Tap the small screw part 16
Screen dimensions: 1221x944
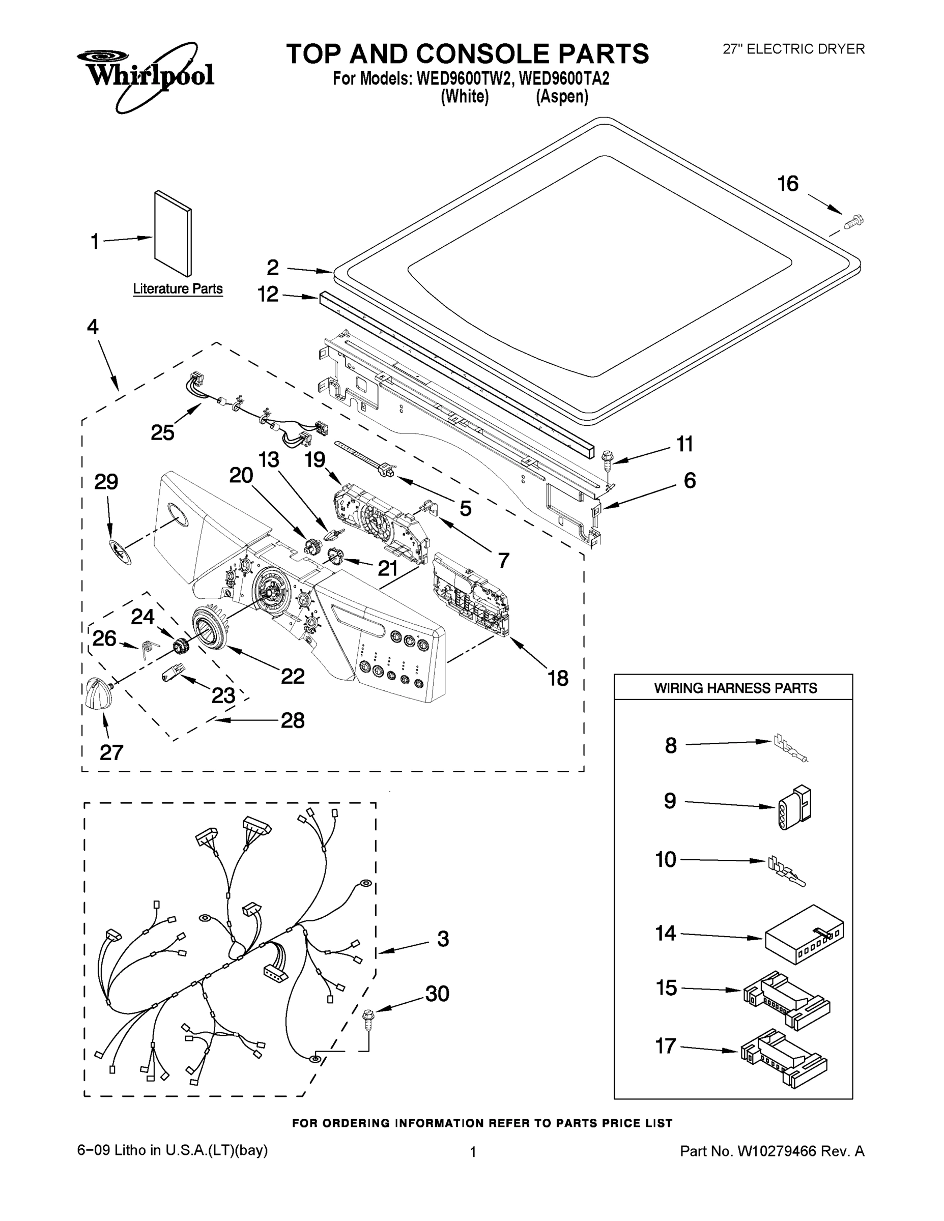(854, 222)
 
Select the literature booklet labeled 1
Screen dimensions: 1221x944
(173, 234)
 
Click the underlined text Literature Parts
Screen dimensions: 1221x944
(178, 289)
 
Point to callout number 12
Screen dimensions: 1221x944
(268, 294)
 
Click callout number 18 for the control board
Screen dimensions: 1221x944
(558, 678)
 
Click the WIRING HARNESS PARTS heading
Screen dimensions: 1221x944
(735, 688)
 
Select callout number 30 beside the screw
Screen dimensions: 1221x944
(437, 994)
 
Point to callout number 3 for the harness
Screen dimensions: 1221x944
(443, 939)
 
